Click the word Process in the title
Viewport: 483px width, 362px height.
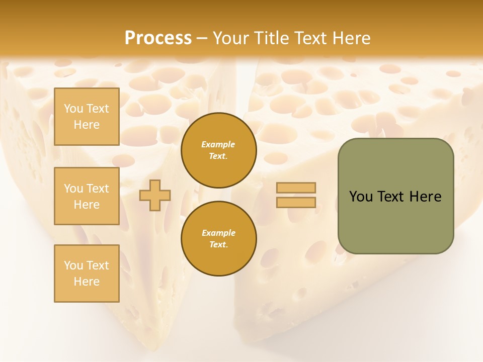coord(158,38)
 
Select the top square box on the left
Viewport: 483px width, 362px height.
coord(87,117)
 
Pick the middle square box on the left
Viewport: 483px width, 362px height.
coord(87,196)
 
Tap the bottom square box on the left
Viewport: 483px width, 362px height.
coord(87,274)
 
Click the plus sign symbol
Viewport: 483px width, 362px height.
coord(155,195)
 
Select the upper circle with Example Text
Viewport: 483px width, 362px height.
coord(219,150)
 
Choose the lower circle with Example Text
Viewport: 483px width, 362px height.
coord(219,239)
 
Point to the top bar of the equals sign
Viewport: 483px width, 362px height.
coord(296,188)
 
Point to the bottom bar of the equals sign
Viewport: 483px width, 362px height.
coord(296,202)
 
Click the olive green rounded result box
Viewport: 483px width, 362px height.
coord(395,196)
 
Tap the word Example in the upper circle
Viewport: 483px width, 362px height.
coord(218,144)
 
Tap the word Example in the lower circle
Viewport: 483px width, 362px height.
coord(218,233)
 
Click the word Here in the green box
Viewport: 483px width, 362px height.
coord(425,197)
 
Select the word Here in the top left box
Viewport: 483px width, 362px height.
coord(87,125)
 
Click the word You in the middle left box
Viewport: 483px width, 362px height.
coord(73,189)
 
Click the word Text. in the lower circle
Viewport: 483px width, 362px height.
coord(218,245)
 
